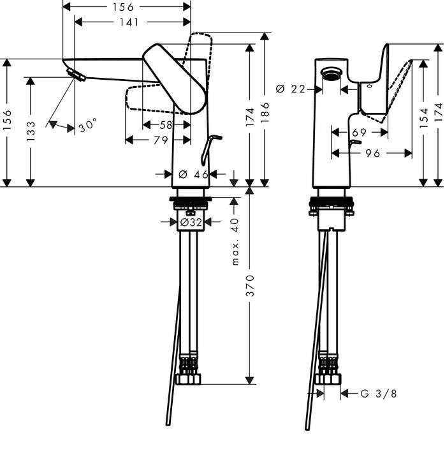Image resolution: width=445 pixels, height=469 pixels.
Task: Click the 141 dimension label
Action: click(x=129, y=22)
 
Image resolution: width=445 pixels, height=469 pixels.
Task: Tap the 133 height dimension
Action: click(x=31, y=131)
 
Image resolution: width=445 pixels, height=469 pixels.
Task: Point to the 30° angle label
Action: click(x=88, y=125)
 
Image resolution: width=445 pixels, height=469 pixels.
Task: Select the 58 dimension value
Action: click(x=166, y=124)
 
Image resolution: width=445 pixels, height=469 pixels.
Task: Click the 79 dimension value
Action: click(x=161, y=140)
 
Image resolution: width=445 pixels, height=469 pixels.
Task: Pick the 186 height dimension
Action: click(x=265, y=112)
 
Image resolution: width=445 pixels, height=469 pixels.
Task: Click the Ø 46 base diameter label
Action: click(x=193, y=174)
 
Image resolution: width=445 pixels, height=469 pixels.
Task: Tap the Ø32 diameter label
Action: click(x=191, y=222)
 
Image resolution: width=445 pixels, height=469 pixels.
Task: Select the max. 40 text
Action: click(x=235, y=242)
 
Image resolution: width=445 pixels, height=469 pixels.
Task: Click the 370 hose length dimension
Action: click(x=250, y=286)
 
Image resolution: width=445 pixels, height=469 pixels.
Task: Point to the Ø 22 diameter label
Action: click(x=290, y=89)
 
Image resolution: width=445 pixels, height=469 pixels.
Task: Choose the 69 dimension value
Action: click(x=359, y=132)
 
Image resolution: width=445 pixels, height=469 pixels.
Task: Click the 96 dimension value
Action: click(x=372, y=153)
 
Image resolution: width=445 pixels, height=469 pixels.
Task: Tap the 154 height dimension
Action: click(x=423, y=118)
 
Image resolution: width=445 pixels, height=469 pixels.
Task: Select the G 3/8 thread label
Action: click(x=378, y=394)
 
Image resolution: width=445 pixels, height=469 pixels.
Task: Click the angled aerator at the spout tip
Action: click(x=77, y=75)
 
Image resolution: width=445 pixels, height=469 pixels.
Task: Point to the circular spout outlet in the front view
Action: click(x=331, y=73)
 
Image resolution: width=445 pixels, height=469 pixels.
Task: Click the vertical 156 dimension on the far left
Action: click(x=7, y=119)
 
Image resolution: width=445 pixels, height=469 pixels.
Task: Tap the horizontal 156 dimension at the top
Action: click(x=123, y=7)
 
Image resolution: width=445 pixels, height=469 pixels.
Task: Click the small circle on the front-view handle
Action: click(x=370, y=86)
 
